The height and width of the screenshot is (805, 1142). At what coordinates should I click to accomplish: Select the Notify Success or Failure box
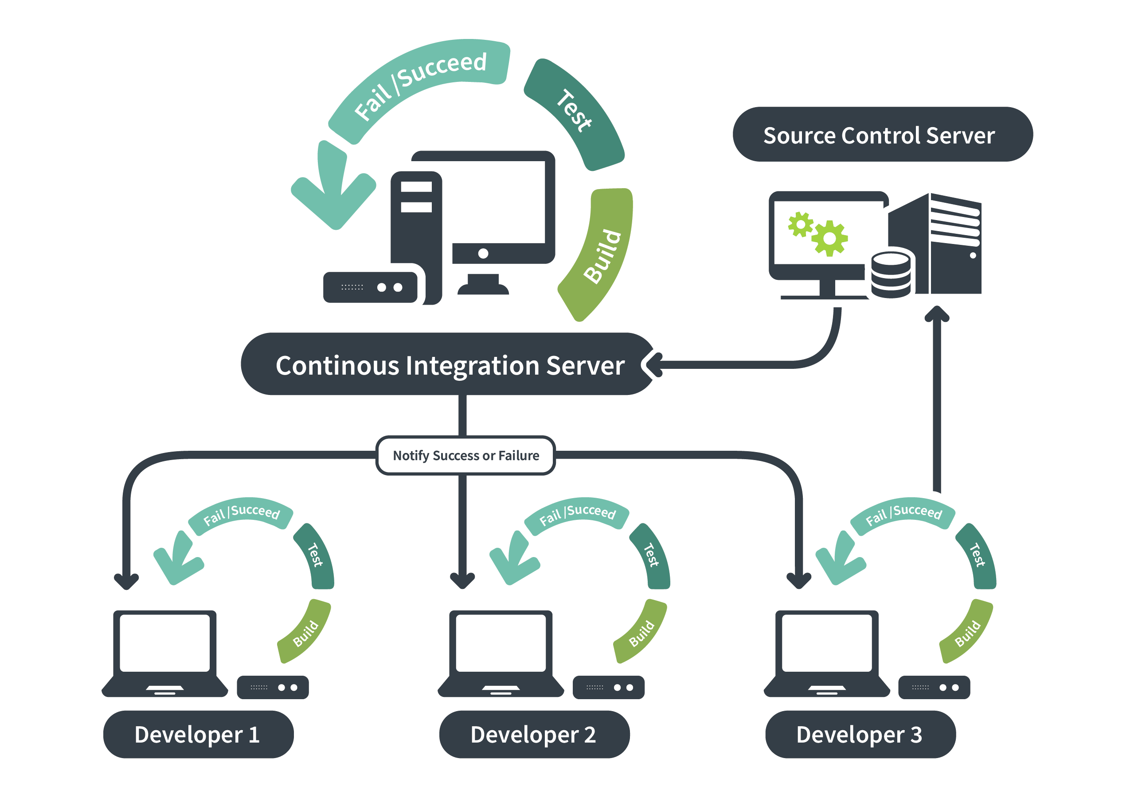[465, 456]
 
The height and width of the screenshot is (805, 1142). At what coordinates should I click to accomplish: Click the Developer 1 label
[198, 735]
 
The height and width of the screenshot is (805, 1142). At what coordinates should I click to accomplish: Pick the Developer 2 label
[534, 735]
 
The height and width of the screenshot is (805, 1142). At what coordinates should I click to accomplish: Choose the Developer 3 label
[860, 735]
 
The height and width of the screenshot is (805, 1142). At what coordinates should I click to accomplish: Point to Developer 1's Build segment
[305, 633]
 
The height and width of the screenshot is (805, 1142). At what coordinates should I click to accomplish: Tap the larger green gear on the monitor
[829, 239]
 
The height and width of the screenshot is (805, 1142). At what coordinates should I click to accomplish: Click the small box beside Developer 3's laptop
[934, 688]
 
